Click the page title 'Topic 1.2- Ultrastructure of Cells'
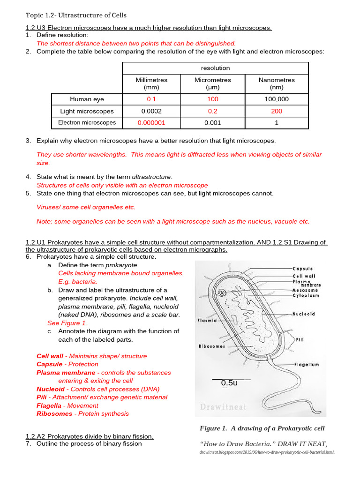[x=76, y=15]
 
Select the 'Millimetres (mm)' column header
[x=151, y=83]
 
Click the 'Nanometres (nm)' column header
[x=277, y=83]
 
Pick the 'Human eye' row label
[x=87, y=99]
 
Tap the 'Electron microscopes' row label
[x=87, y=123]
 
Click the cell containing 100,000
[x=277, y=99]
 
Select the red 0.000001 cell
[x=151, y=123]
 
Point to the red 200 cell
[x=277, y=111]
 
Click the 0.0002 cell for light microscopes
[x=151, y=111]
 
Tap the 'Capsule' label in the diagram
[x=303, y=269]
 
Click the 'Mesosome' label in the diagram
[x=306, y=290]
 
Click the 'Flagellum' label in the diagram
[x=307, y=364]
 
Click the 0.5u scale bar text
[x=230, y=383]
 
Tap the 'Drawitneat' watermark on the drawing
[x=223, y=407]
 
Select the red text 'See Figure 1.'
[x=67, y=323]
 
